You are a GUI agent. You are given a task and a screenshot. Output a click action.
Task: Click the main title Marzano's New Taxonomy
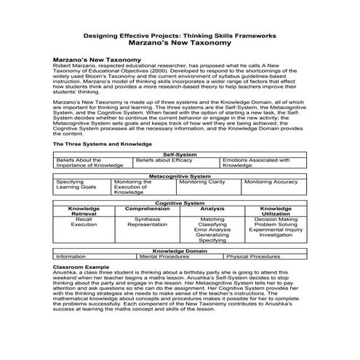[x=180, y=43]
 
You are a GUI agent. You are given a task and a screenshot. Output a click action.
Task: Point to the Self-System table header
[x=180, y=154]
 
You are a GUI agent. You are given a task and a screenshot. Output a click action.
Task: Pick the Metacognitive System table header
[x=180, y=176]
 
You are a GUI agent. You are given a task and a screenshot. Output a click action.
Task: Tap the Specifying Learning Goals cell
[x=76, y=185]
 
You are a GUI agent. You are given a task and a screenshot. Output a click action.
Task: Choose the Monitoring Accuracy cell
[x=270, y=182]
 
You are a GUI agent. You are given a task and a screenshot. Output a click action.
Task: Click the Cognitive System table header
[x=180, y=203]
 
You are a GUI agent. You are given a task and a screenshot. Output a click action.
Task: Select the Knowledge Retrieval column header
[x=84, y=212]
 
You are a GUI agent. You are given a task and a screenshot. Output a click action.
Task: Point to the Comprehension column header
[x=148, y=209]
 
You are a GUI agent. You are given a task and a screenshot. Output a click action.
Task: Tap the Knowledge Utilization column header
[x=276, y=212]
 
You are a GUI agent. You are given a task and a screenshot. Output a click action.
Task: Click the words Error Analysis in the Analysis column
[x=212, y=230]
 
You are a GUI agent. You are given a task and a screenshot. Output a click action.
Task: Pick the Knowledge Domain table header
[x=180, y=250]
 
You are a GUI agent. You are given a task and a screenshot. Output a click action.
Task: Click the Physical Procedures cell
[x=253, y=257]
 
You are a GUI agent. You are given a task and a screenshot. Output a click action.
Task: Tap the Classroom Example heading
[x=84, y=268]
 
